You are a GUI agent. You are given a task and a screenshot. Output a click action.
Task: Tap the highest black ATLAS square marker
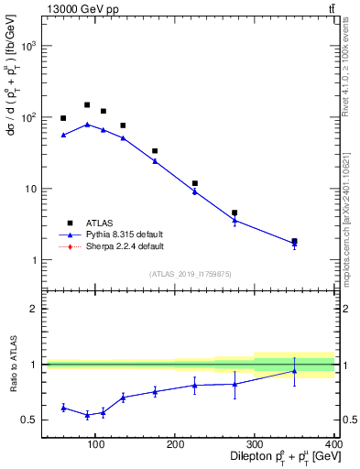[87, 105]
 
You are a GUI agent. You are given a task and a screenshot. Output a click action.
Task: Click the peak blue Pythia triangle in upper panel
[87, 125]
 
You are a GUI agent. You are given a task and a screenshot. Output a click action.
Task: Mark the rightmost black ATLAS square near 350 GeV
[294, 242]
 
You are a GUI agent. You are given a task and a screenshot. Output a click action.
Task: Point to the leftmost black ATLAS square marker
[63, 118]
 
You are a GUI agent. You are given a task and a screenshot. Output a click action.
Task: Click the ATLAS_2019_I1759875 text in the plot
[190, 273]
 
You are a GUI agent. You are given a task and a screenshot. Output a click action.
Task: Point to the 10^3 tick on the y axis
[28, 46]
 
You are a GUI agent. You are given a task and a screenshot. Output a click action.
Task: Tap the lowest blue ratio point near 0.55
[87, 415]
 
